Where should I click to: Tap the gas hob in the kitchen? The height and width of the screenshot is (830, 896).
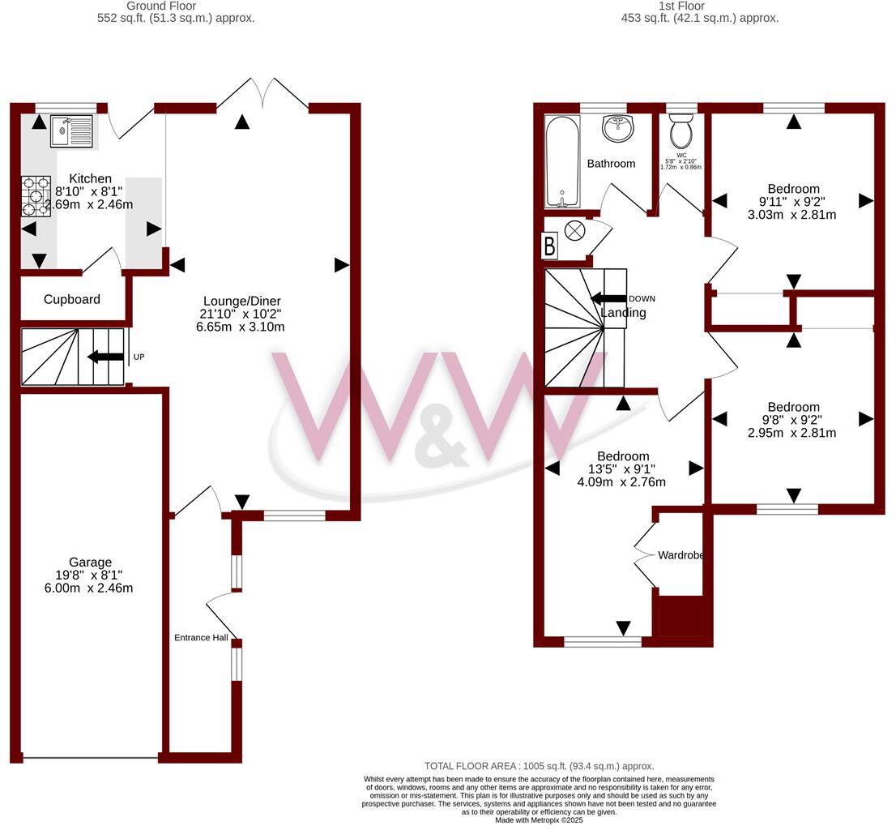click(x=36, y=196)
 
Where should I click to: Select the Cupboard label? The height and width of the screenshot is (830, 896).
click(x=72, y=299)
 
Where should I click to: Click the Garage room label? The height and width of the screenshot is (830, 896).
click(x=90, y=563)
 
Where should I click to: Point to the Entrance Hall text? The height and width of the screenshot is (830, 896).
click(x=201, y=638)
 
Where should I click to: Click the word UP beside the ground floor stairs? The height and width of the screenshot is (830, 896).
click(x=139, y=357)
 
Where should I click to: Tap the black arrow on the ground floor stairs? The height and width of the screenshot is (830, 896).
click(x=105, y=357)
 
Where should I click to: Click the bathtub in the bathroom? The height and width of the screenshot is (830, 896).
click(x=561, y=162)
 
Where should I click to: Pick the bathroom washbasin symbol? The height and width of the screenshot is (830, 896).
click(x=619, y=127)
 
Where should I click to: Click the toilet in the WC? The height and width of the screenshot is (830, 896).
click(x=681, y=130)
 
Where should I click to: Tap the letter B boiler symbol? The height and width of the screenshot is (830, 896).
click(x=549, y=246)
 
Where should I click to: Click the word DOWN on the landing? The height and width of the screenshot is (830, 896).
click(x=642, y=298)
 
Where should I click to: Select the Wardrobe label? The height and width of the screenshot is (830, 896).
click(x=680, y=556)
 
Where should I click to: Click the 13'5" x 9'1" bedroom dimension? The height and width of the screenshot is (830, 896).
click(x=621, y=468)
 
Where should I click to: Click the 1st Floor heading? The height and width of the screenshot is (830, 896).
click(x=681, y=6)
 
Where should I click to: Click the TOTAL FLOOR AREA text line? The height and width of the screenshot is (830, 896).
click(x=539, y=766)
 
